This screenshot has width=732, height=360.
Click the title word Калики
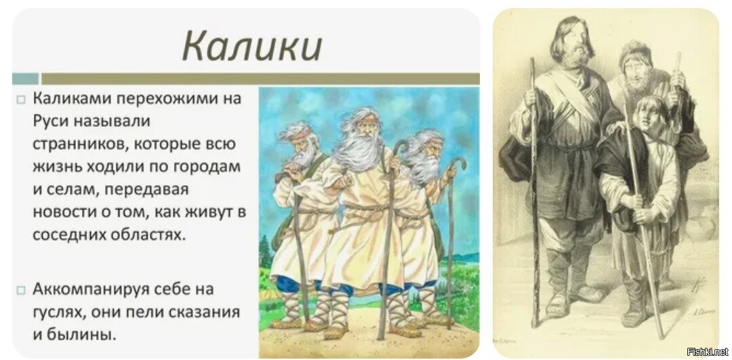(x=252, y=47)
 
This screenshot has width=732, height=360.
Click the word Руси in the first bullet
(x=52, y=121)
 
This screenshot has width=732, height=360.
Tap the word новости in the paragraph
(x=63, y=212)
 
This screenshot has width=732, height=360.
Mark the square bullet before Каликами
(x=20, y=100)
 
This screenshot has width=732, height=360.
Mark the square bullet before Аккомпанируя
(x=20, y=291)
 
